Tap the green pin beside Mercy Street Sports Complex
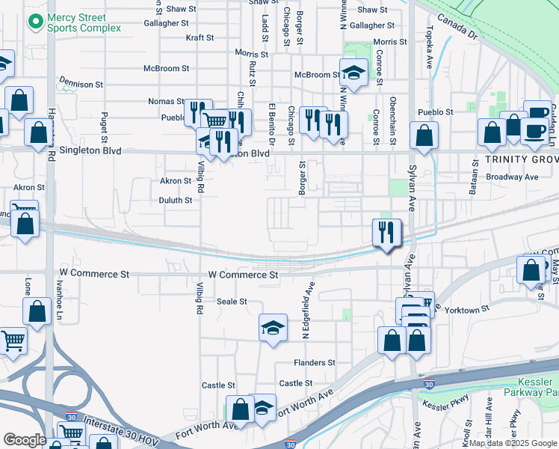click(34, 22)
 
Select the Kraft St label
click(200, 37)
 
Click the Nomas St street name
click(166, 101)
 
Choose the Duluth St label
click(176, 201)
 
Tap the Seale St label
click(232, 302)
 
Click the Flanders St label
click(314, 363)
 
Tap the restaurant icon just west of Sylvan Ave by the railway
click(386, 232)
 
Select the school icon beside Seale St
click(273, 327)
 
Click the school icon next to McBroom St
click(353, 74)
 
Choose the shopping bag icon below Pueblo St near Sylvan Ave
click(424, 136)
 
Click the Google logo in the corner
click(25, 440)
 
